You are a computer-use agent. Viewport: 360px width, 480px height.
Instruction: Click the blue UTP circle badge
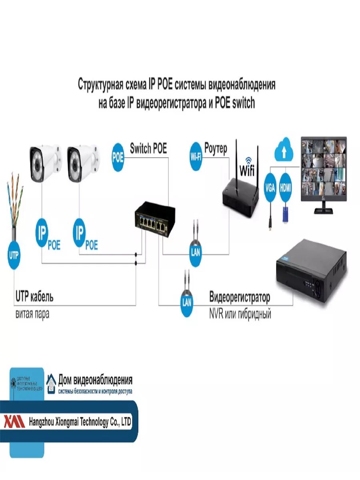(x=14, y=255)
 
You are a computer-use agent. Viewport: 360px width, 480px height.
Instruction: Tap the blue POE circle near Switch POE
(x=118, y=157)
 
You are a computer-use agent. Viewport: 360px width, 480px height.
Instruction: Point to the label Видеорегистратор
(x=240, y=298)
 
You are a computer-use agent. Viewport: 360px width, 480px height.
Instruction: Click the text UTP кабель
(x=34, y=297)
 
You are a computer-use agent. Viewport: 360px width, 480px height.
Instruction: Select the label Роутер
(x=216, y=149)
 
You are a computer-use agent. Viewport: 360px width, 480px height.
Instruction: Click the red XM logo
(x=14, y=422)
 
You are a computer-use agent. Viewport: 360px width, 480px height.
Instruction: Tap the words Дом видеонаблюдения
(x=95, y=379)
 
